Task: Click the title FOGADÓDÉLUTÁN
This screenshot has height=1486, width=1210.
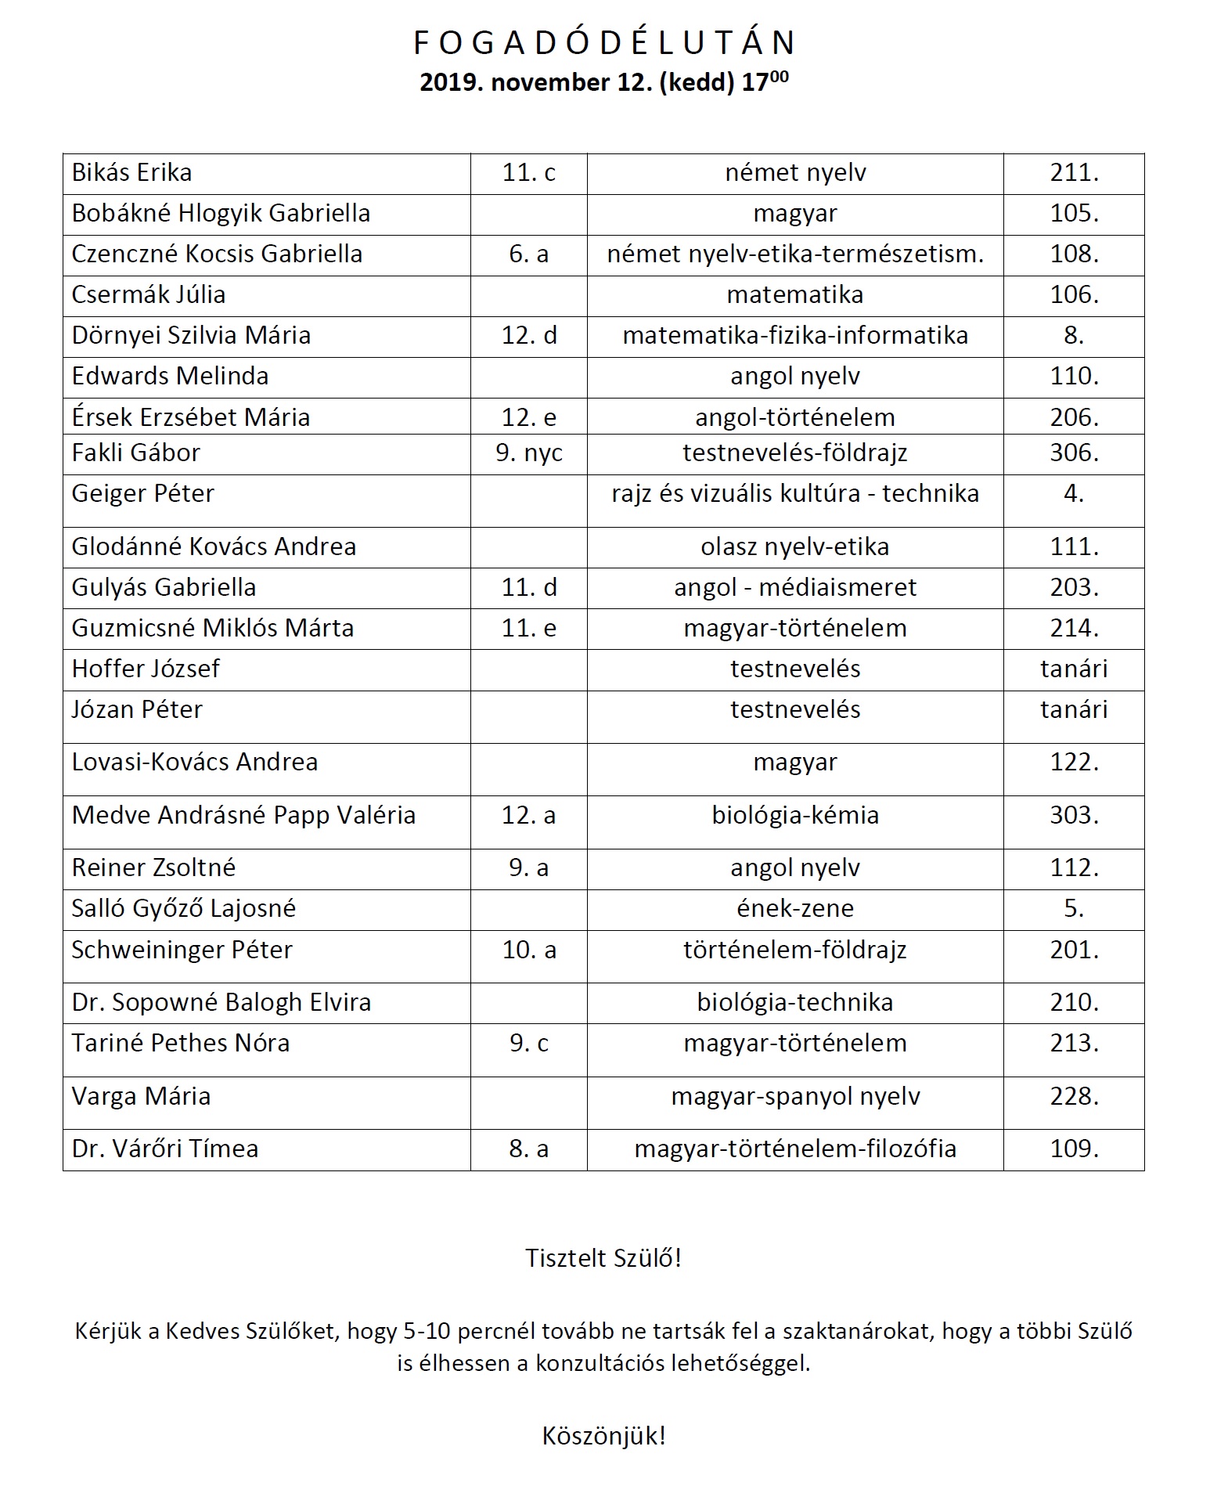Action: pos(604,43)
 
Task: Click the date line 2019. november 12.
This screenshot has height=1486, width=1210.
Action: pos(604,82)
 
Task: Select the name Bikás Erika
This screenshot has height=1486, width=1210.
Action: pos(131,173)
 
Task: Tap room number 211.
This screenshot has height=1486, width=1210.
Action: pos(1074,173)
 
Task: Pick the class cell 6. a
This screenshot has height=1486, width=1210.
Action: pos(528,254)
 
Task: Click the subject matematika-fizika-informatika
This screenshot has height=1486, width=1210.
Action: pos(795,336)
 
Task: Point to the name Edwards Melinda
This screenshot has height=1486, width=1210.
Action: pos(170,377)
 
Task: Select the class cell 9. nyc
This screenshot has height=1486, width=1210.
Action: pos(529,453)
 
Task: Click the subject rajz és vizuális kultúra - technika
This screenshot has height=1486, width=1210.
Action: pos(795,494)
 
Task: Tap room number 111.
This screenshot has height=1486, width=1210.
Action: pos(1074,547)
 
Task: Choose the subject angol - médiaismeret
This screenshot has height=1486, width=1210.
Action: pos(795,588)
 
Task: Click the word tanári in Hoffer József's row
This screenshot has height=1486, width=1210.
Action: pos(1074,669)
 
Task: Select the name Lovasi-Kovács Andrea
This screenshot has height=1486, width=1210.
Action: pos(195,763)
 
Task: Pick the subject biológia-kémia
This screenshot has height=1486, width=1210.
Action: pos(795,816)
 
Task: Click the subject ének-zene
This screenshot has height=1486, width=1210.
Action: pos(795,909)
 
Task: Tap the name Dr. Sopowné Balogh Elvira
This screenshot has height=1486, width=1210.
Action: pos(221,1003)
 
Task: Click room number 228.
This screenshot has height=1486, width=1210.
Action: pos(1074,1097)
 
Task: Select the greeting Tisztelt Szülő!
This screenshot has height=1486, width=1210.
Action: pos(603,1258)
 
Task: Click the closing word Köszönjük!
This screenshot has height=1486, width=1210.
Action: pos(603,1436)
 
